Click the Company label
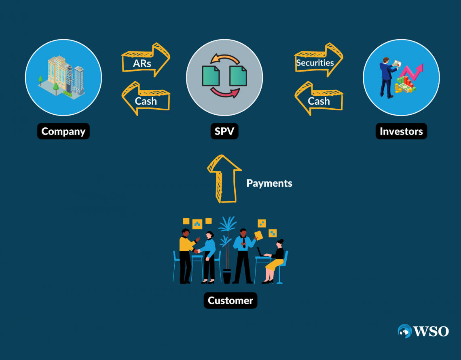click(x=63, y=131)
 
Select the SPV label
click(x=224, y=131)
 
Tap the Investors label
click(x=401, y=131)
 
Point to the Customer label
click(x=230, y=301)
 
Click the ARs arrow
click(x=146, y=61)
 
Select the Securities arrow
click(x=319, y=61)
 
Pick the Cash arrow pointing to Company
click(x=145, y=99)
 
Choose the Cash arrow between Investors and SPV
click(x=318, y=99)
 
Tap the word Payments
click(x=269, y=183)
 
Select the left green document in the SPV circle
click(x=211, y=76)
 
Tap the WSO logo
click(x=423, y=331)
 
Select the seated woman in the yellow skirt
click(x=275, y=261)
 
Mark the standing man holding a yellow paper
click(x=243, y=255)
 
